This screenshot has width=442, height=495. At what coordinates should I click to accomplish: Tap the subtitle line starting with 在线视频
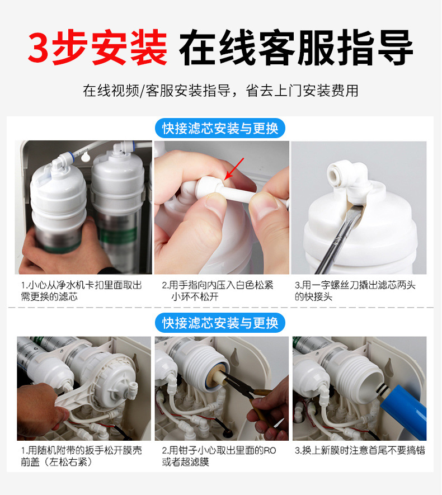pyautogui.click(x=220, y=91)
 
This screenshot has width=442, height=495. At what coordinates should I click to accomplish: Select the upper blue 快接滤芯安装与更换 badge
pyautogui.click(x=220, y=128)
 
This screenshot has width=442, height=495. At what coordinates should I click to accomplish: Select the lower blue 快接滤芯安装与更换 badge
pyautogui.click(x=220, y=323)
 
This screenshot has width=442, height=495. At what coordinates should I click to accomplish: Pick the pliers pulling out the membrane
pyautogui.click(x=246, y=402)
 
